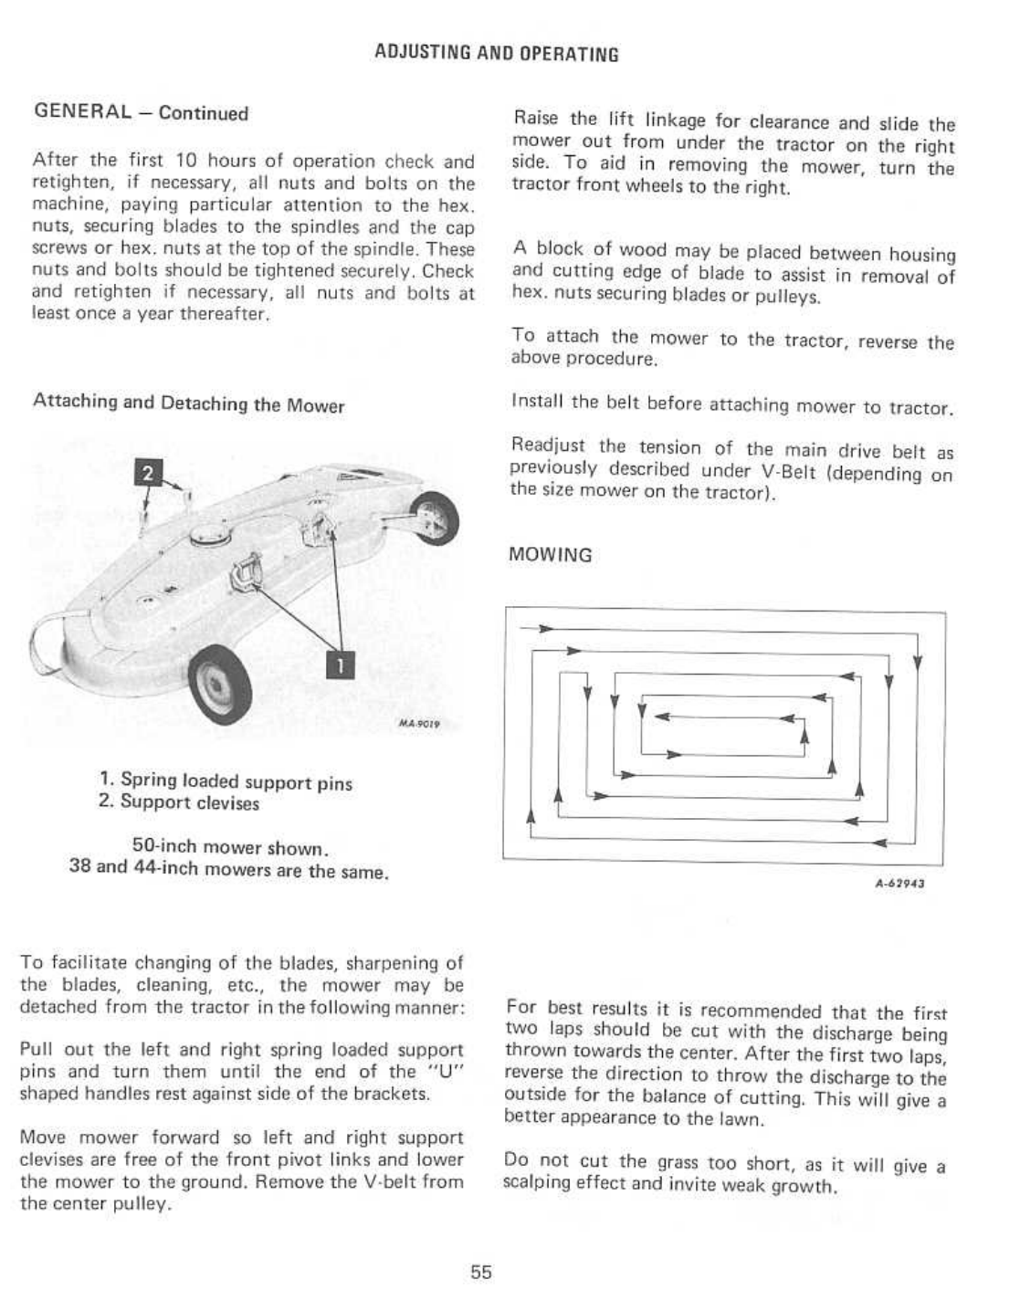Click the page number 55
tap(481, 1272)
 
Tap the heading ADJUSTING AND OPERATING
tap(497, 54)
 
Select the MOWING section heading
tap(551, 555)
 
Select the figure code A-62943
tap(900, 883)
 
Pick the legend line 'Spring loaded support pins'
tap(226, 781)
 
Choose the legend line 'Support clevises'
tap(179, 803)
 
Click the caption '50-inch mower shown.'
tap(230, 847)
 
